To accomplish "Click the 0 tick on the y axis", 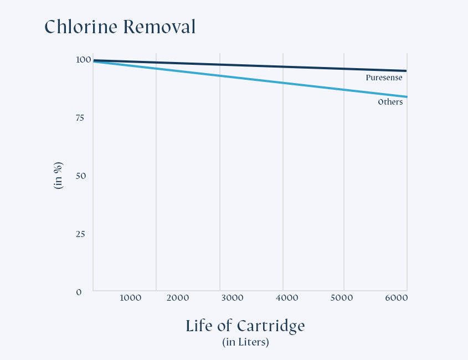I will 79,292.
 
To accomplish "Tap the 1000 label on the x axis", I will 130,298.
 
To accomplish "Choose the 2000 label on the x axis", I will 178,298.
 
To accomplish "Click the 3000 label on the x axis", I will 232,298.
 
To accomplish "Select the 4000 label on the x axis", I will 287,298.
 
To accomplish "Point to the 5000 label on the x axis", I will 342,298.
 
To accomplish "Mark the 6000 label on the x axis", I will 396,298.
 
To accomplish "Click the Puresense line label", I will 384,78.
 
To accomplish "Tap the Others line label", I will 390,102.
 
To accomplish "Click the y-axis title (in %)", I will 58,176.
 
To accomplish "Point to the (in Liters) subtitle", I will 245,342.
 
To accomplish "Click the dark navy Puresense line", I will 249,65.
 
